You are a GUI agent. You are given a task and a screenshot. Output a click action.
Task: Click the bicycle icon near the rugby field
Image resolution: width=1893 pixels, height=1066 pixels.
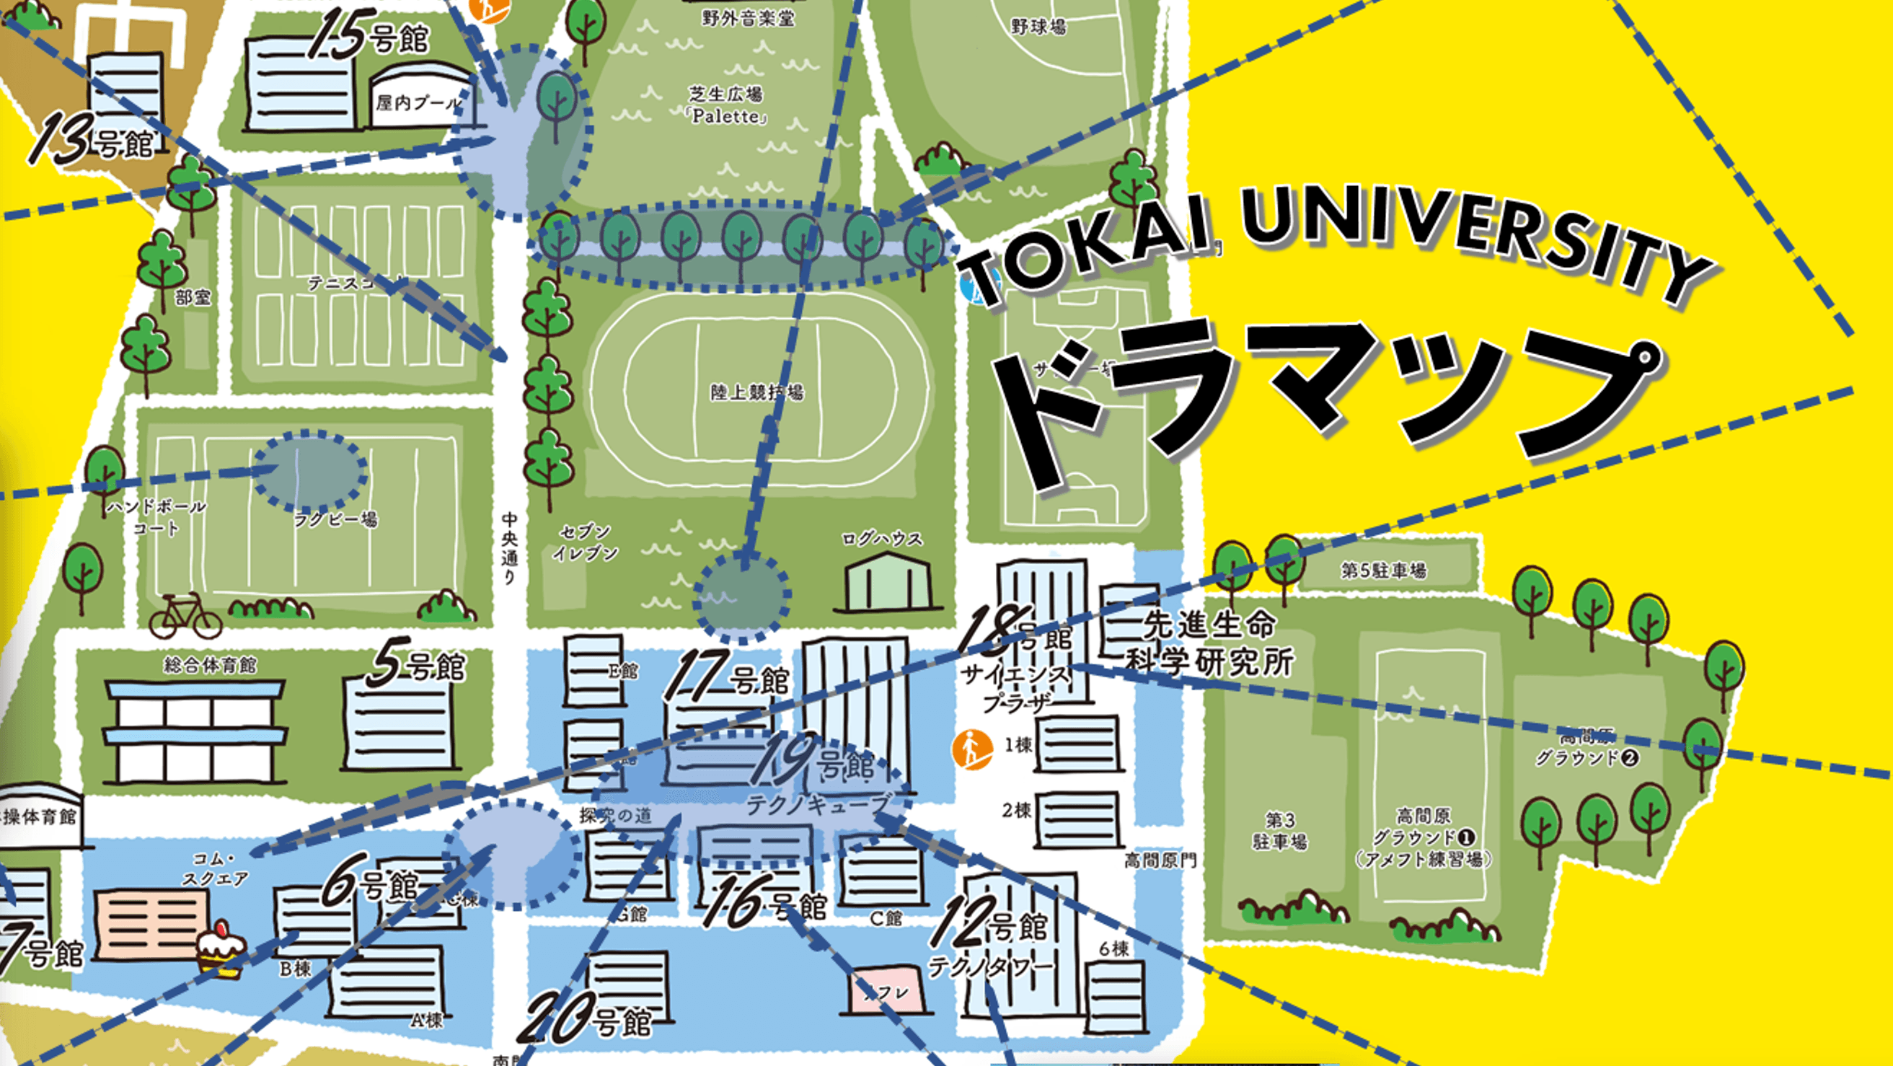[185, 616]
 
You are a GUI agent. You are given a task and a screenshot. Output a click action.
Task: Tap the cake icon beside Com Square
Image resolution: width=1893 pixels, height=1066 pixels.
[220, 949]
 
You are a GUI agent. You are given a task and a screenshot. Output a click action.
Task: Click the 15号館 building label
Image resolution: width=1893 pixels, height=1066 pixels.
[369, 35]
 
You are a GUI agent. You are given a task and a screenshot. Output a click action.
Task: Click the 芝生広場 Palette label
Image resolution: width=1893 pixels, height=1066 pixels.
[727, 105]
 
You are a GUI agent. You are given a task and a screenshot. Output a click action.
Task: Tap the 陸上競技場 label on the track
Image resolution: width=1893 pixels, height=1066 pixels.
[757, 392]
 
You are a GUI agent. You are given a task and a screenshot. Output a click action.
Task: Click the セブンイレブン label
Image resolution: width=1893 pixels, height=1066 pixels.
[585, 542]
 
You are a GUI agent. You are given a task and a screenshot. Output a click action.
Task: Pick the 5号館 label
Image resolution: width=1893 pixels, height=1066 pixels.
[417, 665]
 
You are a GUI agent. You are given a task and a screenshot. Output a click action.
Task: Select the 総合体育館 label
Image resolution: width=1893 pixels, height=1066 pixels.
[210, 665]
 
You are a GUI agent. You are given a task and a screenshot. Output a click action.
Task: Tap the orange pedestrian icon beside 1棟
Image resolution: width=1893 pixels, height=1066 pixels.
[971, 749]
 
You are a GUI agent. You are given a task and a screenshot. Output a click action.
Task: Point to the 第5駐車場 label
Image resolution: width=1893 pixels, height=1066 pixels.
[1384, 570]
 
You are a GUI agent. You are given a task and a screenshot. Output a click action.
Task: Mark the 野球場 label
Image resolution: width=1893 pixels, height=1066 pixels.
[1038, 27]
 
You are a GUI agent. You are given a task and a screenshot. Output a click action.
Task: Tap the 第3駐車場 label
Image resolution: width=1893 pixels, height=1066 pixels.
[1279, 830]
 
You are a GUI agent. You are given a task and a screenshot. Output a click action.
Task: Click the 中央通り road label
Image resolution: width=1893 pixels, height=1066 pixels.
[509, 548]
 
